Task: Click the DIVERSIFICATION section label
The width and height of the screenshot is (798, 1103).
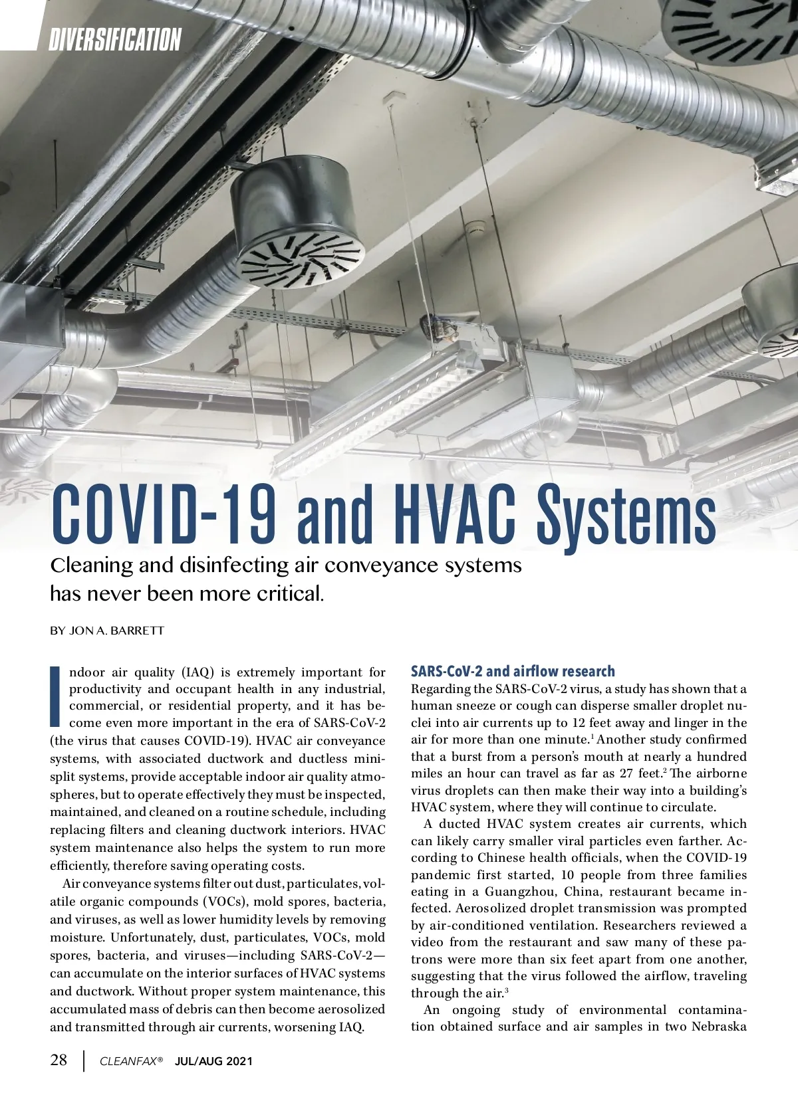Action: pos(114,39)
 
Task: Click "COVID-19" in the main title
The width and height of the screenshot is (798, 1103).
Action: pos(164,516)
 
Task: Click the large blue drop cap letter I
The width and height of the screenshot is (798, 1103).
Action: pos(56,696)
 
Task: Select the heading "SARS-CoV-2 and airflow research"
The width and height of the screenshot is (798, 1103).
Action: pos(513,671)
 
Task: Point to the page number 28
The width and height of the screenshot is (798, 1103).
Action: pos(59,1060)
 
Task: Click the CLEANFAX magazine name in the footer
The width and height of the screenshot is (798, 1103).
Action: pos(131,1062)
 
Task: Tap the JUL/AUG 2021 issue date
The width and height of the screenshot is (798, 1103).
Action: pos(213,1062)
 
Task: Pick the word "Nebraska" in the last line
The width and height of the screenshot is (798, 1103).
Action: pos(719,1027)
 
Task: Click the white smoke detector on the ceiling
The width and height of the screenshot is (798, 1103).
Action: pos(473,227)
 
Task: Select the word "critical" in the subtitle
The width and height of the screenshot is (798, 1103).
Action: pos(287,593)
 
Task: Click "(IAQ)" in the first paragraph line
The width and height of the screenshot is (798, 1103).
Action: pos(197,672)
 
